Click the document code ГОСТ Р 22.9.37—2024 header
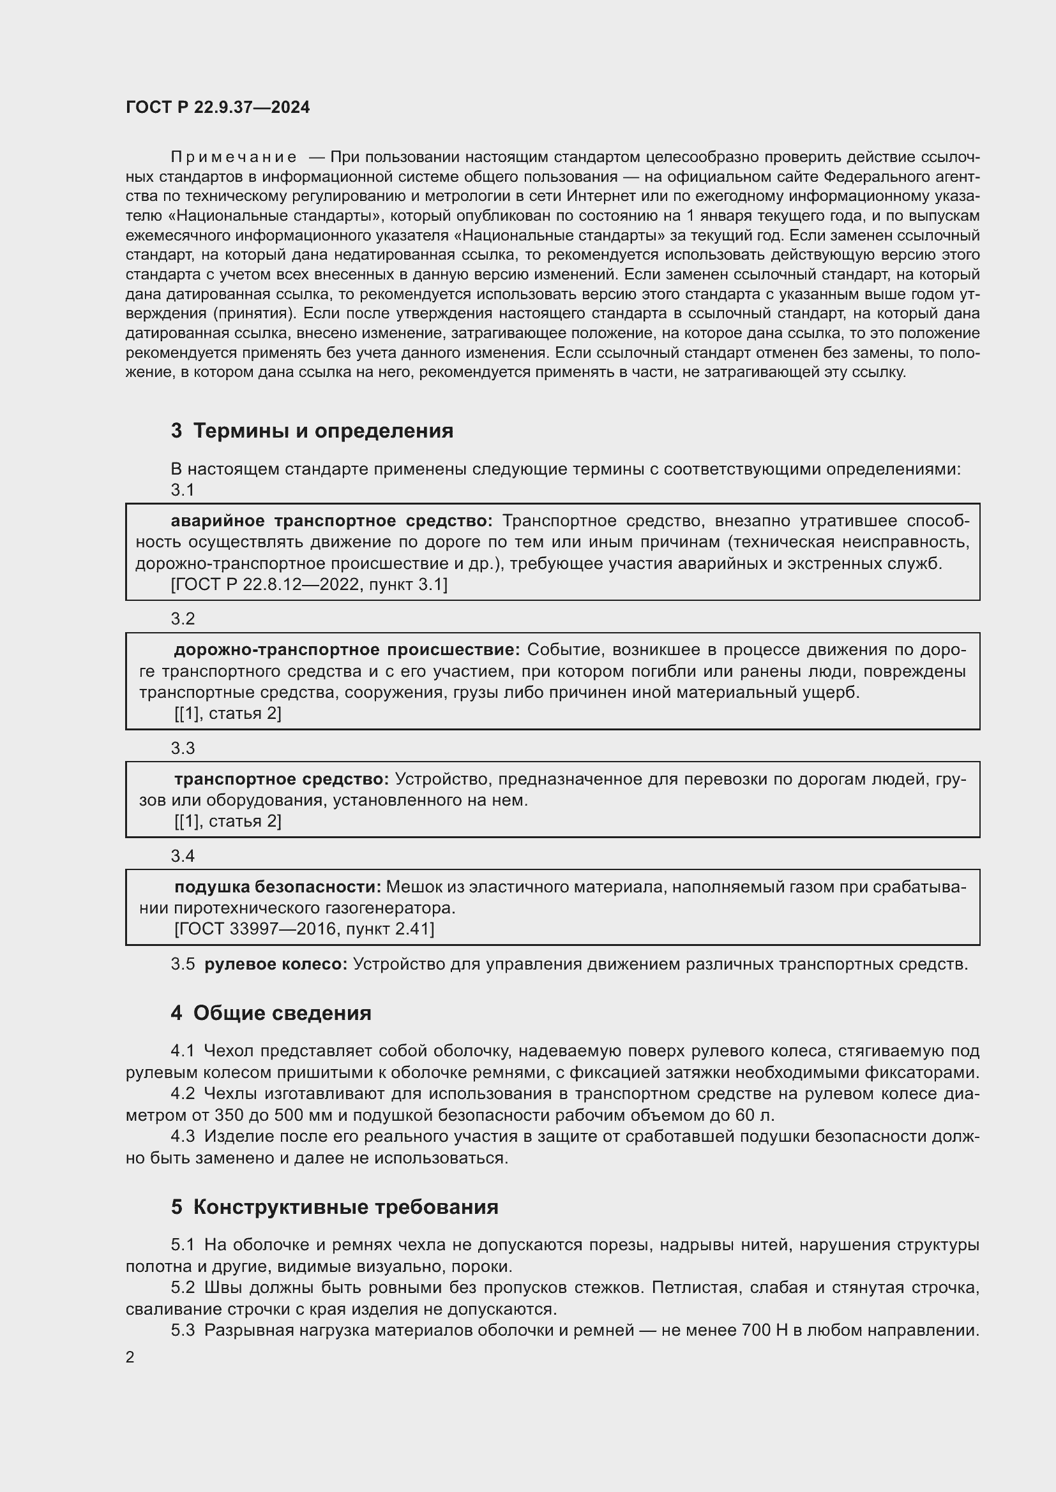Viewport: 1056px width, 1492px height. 217,108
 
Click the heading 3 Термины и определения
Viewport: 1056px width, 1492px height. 312,431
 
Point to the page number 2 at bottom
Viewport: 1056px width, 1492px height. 130,1357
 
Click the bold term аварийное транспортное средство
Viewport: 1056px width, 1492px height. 331,521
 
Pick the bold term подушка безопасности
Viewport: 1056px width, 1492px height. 278,887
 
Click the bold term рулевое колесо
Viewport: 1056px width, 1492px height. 276,964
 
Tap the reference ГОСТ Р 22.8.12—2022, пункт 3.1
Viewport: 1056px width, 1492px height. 309,585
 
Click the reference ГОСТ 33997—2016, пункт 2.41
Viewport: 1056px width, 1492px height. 304,929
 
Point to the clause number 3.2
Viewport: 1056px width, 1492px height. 183,619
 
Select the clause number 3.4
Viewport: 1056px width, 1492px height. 183,857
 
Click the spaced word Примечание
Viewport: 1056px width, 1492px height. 234,158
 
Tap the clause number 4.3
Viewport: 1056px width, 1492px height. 183,1137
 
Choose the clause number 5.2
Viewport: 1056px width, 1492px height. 183,1287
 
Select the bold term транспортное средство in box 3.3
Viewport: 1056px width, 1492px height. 281,779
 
